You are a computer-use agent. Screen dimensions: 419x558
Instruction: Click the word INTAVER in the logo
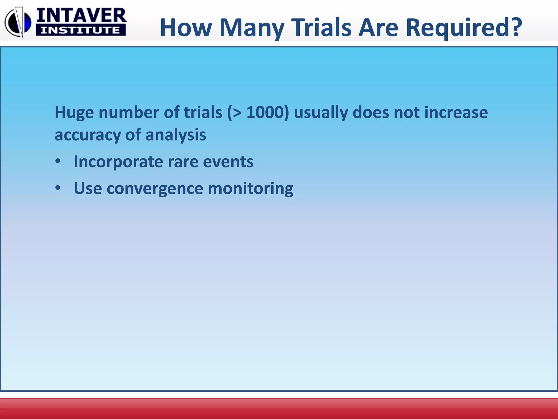pos(81,15)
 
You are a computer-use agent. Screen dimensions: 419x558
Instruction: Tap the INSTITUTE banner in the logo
pos(81,30)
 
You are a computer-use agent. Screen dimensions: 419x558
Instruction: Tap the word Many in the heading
pos(252,28)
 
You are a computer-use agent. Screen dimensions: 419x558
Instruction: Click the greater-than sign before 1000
pos(236,113)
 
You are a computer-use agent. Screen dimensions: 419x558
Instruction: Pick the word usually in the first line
pos(321,113)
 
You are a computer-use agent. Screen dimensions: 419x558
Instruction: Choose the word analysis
pos(176,135)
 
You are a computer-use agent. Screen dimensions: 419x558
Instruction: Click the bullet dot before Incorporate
pos(57,161)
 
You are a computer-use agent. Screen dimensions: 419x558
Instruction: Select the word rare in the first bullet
pos(183,162)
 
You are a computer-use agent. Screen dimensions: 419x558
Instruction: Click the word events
pos(228,162)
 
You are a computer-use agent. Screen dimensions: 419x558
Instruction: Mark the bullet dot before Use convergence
pos(57,188)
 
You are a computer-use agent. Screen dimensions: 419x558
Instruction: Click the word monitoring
pos(250,189)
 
